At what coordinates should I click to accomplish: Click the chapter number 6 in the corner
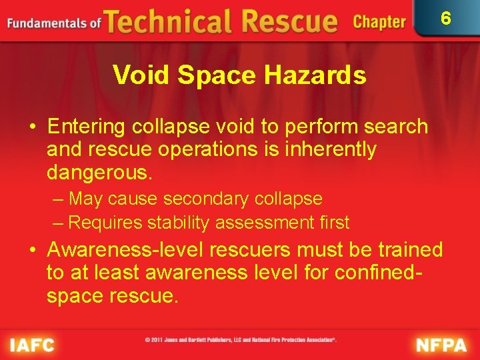coord(446,18)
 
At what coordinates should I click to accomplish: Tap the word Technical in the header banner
coord(165,22)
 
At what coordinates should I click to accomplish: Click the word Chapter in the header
coord(379,22)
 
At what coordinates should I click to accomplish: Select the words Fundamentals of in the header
coord(54,23)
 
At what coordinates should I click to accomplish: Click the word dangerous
coord(100,173)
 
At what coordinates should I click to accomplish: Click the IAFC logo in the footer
coord(31,345)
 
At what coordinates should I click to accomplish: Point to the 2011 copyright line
coord(241,340)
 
